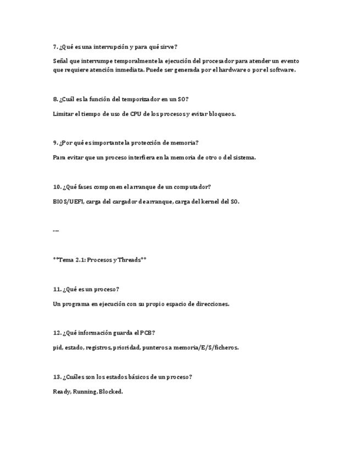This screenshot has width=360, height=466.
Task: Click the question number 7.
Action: click(x=55, y=47)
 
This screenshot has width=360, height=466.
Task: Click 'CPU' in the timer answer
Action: click(x=130, y=114)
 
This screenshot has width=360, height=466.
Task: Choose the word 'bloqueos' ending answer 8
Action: click(x=221, y=114)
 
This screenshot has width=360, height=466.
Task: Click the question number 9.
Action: click(x=55, y=142)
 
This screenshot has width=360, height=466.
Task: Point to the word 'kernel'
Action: click(x=208, y=201)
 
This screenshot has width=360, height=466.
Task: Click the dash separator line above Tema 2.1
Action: click(x=56, y=231)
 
